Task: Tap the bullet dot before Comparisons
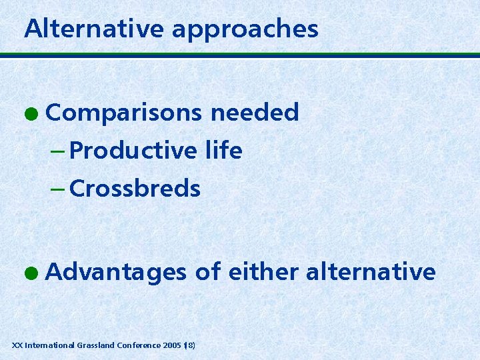33,114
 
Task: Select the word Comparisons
124,113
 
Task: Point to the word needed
255,113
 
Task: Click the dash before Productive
58,151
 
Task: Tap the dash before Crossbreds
58,189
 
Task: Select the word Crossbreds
134,189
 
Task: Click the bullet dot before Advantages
33,273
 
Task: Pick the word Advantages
117,273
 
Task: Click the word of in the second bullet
207,272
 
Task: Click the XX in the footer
17,345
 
